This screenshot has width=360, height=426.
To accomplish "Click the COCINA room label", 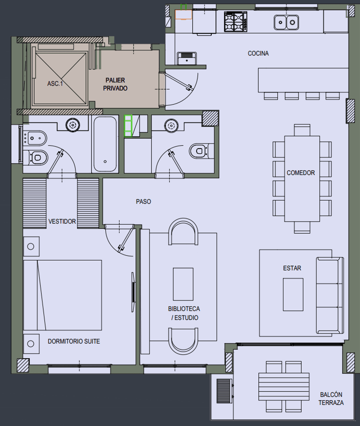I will (258, 53).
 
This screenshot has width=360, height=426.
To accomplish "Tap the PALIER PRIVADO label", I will (115, 84).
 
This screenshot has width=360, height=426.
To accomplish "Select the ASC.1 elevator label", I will (55, 84).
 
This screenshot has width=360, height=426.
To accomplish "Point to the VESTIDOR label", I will (62, 222).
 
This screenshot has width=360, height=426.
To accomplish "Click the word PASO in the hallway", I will (144, 201).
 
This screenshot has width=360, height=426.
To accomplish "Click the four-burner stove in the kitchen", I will (236, 21).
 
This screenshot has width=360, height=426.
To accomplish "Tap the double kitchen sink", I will (286, 22).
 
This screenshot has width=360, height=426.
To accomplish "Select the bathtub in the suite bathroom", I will (105, 144).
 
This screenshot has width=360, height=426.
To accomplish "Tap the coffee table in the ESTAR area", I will (293, 294).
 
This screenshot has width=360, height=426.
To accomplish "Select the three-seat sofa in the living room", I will (329, 295).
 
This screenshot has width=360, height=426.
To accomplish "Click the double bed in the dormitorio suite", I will (63, 295).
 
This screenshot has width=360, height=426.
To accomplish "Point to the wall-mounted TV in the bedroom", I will (134, 291).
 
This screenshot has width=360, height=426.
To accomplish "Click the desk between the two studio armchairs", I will (183, 284).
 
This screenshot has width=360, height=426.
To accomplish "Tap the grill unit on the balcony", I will (224, 391).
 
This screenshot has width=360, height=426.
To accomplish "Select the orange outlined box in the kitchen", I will (184, 15).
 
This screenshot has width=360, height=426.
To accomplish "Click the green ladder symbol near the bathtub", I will (128, 126).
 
